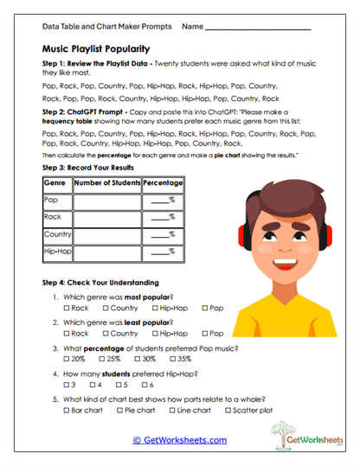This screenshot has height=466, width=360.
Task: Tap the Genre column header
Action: click(x=55, y=183)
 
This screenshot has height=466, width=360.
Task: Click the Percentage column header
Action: click(x=162, y=183)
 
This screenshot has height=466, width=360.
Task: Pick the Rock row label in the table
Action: click(x=53, y=217)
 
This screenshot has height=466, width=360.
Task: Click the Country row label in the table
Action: click(x=56, y=234)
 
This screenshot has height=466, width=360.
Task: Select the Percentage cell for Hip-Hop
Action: click(x=162, y=252)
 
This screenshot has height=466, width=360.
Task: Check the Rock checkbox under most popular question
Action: click(x=67, y=308)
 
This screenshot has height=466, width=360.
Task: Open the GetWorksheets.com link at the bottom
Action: click(x=179, y=440)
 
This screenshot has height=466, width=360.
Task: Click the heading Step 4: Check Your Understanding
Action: click(x=101, y=283)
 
